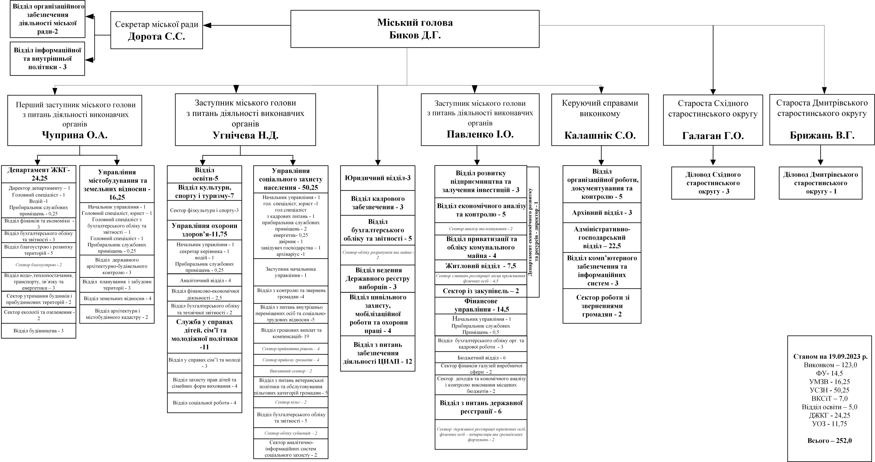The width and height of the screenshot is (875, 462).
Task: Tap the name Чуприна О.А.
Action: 75,135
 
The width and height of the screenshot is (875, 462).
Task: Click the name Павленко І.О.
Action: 480,134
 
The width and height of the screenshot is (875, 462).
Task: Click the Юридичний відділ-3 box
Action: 378,178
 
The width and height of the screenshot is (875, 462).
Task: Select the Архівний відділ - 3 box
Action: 602,213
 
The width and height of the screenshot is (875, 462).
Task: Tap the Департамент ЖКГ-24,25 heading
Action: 39,174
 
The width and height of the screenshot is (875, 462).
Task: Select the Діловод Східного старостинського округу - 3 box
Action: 713,183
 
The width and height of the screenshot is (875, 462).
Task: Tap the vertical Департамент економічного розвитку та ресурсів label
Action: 533,232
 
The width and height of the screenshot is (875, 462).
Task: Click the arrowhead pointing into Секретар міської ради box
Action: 207,25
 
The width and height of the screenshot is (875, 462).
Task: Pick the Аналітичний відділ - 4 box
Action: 204,281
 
